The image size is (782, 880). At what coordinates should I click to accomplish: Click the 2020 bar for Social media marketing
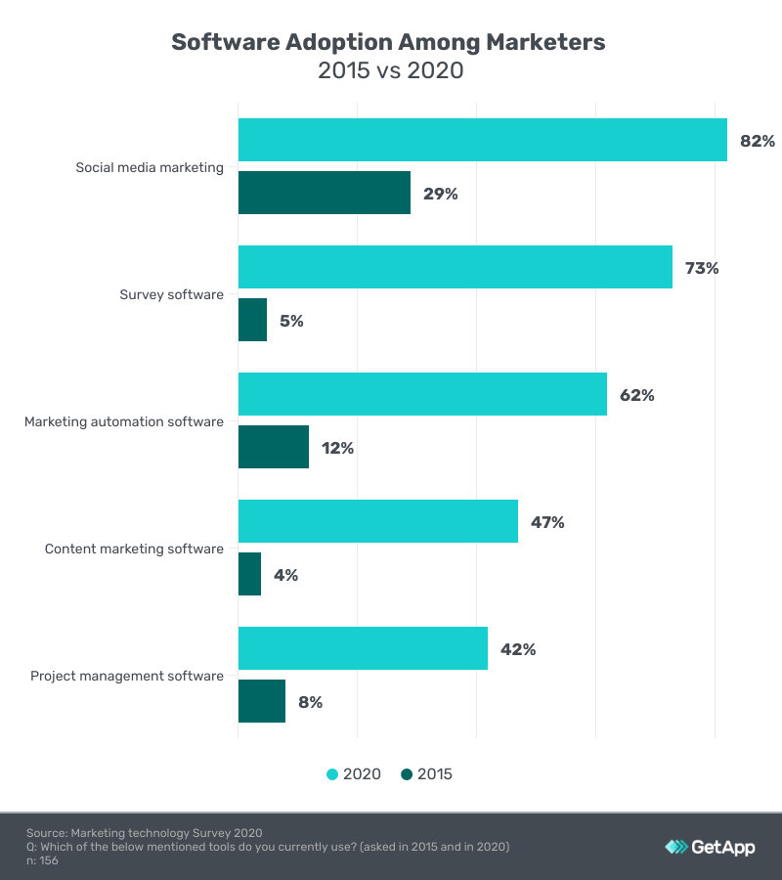pyautogui.click(x=483, y=140)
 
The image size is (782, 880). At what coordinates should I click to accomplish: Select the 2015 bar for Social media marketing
pyautogui.click(x=325, y=193)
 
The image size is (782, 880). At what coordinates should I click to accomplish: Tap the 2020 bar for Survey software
pyautogui.click(x=456, y=267)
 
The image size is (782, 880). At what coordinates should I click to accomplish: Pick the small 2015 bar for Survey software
pyautogui.click(x=252, y=320)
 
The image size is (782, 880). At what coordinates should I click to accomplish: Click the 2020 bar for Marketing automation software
pyautogui.click(x=422, y=394)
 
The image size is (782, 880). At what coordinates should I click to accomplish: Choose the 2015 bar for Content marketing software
pyautogui.click(x=249, y=574)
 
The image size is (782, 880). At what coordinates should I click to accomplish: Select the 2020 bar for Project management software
pyautogui.click(x=363, y=648)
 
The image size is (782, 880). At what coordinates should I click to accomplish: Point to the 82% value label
pyautogui.click(x=757, y=141)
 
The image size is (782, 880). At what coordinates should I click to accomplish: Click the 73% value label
pyautogui.click(x=702, y=268)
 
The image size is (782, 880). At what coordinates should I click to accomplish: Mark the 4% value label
pyautogui.click(x=285, y=575)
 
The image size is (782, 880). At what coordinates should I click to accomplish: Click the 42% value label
pyautogui.click(x=518, y=649)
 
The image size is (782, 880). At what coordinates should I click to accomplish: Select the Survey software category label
pyautogui.click(x=171, y=294)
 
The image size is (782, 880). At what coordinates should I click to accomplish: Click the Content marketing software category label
pyautogui.click(x=134, y=549)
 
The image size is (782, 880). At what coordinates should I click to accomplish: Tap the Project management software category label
pyautogui.click(x=127, y=676)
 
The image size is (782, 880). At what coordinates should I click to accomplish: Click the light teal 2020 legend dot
pyautogui.click(x=332, y=774)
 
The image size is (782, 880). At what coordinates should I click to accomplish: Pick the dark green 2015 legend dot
pyautogui.click(x=407, y=774)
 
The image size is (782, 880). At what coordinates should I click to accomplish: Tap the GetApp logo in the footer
pyautogui.click(x=710, y=847)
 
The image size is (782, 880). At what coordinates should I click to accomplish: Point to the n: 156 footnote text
pyautogui.click(x=44, y=860)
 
